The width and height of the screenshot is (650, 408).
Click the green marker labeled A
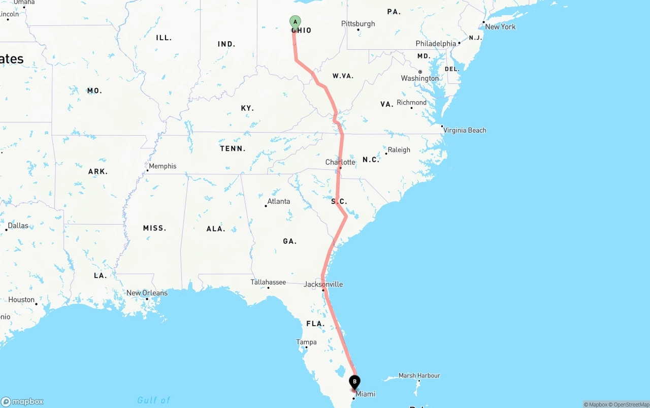coord(295,22)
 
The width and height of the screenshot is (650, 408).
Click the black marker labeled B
coord(354,382)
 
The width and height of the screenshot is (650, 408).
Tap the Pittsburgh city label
coord(358,24)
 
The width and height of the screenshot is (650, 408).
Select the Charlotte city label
coord(340,162)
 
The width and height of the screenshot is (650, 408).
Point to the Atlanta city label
coord(278,201)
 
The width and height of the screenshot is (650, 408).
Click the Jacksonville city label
coord(323,285)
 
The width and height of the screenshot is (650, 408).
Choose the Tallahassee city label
coord(268,282)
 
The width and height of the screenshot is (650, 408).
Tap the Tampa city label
coord(306,342)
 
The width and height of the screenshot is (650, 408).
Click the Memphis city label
coord(162,166)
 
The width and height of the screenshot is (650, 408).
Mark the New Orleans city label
coord(147,293)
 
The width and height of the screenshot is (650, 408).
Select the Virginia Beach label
coord(465,130)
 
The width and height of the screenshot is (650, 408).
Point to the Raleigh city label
coord(399,150)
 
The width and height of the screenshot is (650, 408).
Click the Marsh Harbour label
coord(419,375)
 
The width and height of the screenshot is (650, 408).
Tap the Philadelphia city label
coord(436,44)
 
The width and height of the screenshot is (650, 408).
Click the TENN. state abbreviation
coord(233,148)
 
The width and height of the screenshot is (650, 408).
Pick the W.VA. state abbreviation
coord(343,76)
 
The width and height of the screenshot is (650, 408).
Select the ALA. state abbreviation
coord(215,229)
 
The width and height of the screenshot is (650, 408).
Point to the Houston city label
coord(21,300)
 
